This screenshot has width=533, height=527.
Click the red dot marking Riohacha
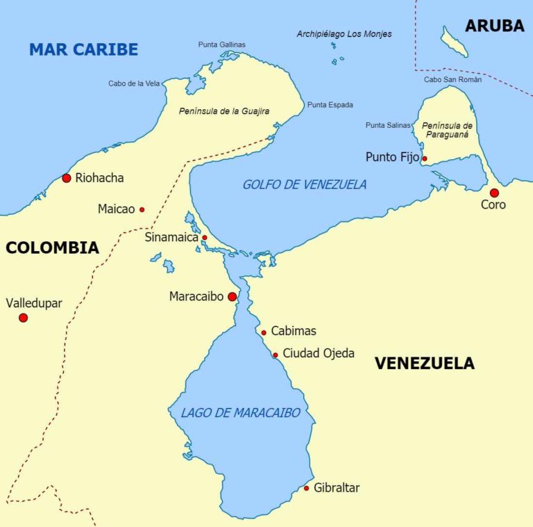click(x=67, y=178)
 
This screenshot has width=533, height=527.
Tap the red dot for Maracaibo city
click(x=232, y=297)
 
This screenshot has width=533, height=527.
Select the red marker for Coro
click(x=494, y=193)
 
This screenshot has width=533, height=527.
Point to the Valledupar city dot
click(x=23, y=318)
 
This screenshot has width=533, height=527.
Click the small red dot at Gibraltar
click(x=306, y=488)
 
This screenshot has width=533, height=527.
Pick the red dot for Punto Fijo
click(x=425, y=159)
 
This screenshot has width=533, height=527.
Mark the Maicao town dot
click(x=142, y=209)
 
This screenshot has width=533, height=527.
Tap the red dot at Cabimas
click(x=264, y=332)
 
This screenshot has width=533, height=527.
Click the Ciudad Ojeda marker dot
click(x=276, y=355)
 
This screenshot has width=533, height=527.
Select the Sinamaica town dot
click(x=204, y=238)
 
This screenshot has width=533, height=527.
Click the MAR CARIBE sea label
click(x=83, y=49)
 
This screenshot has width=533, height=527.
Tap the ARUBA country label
click(x=494, y=26)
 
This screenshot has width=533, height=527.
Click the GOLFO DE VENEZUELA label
click(x=304, y=185)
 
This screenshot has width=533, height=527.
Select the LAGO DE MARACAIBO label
click(x=240, y=413)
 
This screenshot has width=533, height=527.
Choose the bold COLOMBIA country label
click(x=52, y=248)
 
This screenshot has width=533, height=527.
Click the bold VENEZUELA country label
click(x=424, y=363)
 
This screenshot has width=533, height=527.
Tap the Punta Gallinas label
click(x=221, y=44)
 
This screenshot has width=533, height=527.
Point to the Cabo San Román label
click(x=452, y=79)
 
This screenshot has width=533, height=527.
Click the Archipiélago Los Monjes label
click(x=344, y=33)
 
